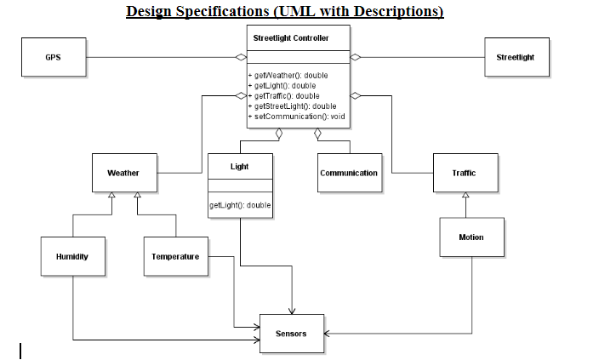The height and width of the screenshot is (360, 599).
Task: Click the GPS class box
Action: tap(53, 57)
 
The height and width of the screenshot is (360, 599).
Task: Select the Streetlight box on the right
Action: tap(516, 57)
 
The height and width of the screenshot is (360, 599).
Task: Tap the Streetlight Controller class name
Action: tap(291, 38)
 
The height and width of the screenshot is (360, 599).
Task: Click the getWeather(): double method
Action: tap(288, 76)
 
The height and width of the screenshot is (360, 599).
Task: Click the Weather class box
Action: tap(123, 173)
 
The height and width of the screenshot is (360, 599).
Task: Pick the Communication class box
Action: tap(349, 173)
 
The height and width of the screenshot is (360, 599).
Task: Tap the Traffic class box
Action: tap(465, 173)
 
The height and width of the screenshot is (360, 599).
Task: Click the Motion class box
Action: tap(471, 237)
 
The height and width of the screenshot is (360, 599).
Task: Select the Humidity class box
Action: tap(72, 256)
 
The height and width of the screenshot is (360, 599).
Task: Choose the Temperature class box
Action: tap(175, 256)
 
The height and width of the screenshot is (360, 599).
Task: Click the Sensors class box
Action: tap(291, 334)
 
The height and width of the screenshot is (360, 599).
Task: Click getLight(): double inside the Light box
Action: tap(240, 204)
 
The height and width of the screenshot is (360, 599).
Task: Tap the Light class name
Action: tap(240, 166)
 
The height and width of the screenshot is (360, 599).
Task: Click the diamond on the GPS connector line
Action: tap(241, 57)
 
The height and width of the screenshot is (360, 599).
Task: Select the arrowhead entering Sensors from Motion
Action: tap(327, 334)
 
